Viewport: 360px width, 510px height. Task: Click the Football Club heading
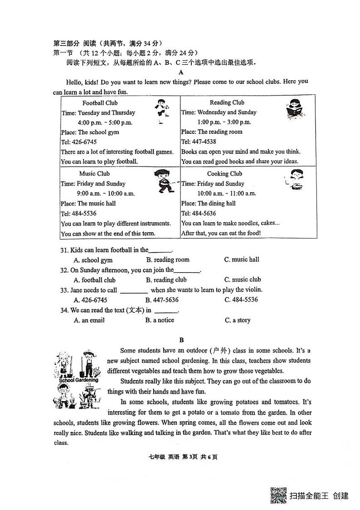100,103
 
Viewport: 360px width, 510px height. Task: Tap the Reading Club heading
227,102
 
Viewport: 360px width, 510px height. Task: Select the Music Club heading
94,174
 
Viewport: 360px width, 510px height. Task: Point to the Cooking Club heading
224,174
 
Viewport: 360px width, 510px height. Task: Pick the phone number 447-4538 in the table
206,142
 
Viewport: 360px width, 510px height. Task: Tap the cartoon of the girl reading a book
294,109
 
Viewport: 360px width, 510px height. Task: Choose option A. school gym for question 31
93,260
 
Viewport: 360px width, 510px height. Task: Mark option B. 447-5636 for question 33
162,300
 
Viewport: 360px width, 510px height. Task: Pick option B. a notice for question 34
160,320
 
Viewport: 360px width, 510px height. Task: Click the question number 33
64,290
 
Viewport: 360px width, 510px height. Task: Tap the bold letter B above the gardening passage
181,340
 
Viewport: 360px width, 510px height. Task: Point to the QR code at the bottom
278,495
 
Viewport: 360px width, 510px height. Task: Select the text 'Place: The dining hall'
208,204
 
